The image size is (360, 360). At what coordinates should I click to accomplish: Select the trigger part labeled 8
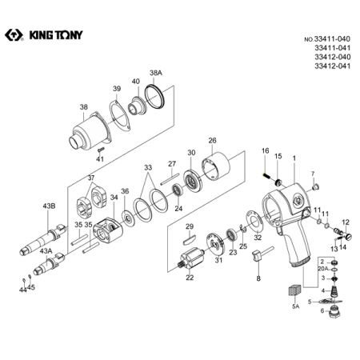pos(258,258)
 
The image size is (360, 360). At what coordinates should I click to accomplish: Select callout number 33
pos(146,169)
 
